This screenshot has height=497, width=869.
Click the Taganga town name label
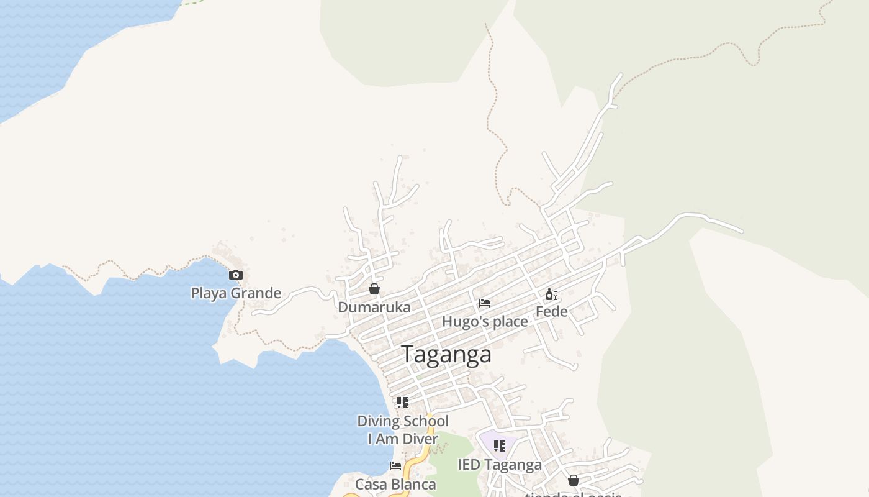point(446,354)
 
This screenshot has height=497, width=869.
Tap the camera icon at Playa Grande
point(236,275)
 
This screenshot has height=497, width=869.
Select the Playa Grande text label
point(236,293)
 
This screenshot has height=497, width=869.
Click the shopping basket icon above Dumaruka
point(374,289)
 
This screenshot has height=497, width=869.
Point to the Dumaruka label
point(374,307)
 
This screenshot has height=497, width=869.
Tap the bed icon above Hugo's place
point(485,303)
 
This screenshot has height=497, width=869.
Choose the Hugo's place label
point(485,321)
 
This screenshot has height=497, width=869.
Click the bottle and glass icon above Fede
point(551,294)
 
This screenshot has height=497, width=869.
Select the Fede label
point(551,311)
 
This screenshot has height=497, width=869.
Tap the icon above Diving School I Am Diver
point(403,403)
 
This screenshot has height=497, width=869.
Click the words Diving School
point(403,421)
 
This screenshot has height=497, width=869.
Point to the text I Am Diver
point(403,439)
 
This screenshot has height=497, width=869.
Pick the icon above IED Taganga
point(500,445)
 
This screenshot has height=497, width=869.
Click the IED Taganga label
point(500,465)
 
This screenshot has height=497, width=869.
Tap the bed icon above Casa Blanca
point(395,465)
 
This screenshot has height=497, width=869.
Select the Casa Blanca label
point(395,484)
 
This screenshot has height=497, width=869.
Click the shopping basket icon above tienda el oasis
point(574,480)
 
